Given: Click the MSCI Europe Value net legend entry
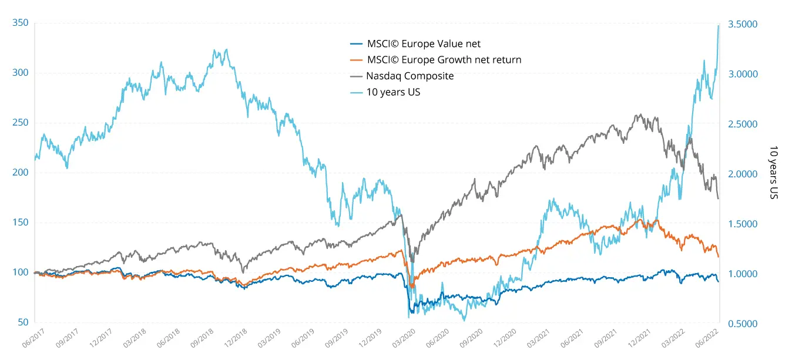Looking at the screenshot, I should coord(424,43).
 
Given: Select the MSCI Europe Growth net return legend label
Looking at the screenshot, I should coord(444,59).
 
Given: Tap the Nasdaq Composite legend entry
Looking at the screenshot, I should coord(410,76).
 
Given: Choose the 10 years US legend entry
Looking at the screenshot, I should coord(393,92).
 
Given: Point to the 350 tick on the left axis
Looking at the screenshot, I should coord(20,23).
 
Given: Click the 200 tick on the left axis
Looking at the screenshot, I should coord(20,173).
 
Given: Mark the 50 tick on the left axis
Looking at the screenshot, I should coord(22,322).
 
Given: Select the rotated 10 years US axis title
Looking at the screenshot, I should coord(774,171).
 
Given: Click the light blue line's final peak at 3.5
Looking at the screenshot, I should coord(718,25).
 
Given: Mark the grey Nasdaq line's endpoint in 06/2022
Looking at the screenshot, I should coord(718,198).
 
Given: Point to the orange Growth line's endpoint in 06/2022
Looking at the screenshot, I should coord(718,256).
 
